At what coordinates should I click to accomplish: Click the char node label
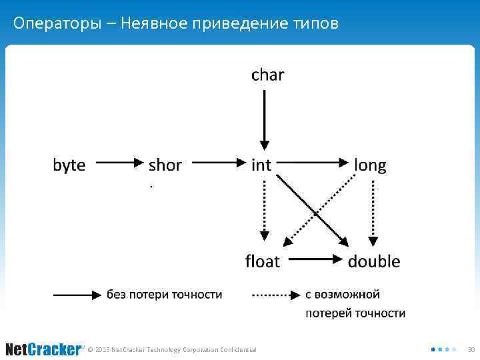(267, 75)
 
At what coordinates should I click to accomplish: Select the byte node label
(69, 165)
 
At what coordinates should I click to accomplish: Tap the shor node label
(165, 165)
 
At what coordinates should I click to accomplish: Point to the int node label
(261, 165)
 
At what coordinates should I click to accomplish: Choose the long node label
(370, 165)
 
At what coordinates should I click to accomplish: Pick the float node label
(263, 261)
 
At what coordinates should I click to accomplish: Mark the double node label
(374, 261)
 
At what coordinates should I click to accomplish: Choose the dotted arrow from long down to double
(373, 210)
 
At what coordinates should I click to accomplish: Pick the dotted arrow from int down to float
(265, 210)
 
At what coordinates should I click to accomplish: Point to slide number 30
(471, 349)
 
